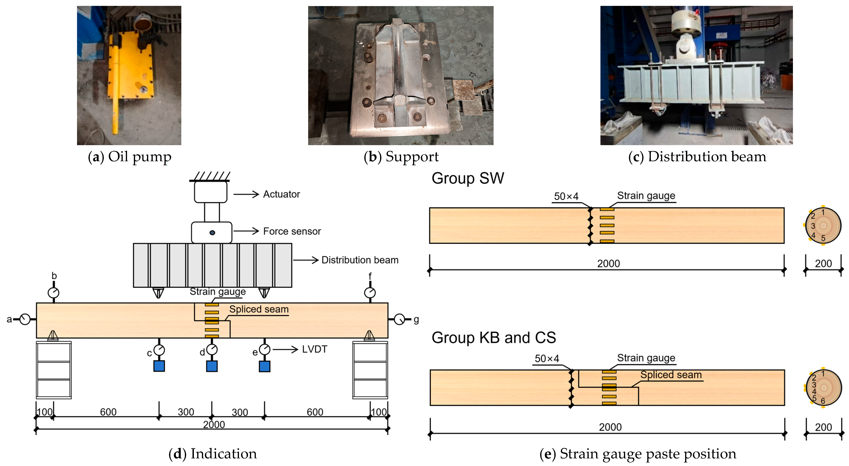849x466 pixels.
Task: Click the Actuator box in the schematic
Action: (210, 192)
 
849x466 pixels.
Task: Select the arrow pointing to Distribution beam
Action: (306, 260)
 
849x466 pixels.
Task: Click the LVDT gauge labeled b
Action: (53, 293)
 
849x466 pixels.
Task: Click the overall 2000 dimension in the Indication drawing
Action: (213, 424)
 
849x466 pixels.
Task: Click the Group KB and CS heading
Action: (493, 338)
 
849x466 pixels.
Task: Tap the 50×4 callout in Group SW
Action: (566, 196)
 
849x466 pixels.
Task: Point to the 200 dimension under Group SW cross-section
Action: (823, 264)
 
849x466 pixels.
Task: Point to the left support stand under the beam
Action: (53, 370)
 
